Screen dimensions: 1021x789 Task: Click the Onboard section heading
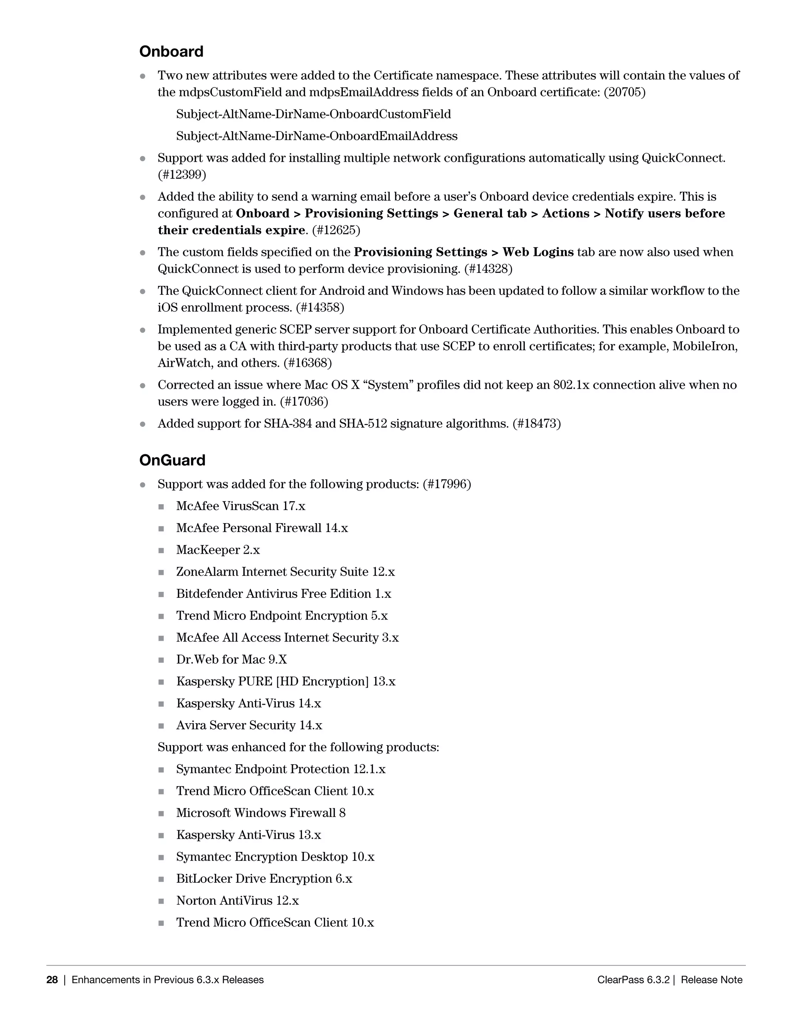[x=171, y=51]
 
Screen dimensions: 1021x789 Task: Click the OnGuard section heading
[x=172, y=460]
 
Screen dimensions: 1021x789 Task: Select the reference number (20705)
[x=624, y=92]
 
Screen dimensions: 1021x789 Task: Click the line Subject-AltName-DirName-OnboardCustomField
[x=313, y=114]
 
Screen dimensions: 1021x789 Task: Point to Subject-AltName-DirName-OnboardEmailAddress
[x=316, y=136]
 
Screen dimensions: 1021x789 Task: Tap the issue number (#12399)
[x=182, y=175]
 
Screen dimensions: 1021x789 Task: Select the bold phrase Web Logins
[x=537, y=252]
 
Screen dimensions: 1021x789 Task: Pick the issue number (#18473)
[x=536, y=423]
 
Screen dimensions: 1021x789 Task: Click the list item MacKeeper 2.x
[x=218, y=550]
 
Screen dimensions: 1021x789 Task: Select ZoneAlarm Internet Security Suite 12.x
[x=285, y=572]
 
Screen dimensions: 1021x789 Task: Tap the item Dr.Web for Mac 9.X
[x=232, y=660]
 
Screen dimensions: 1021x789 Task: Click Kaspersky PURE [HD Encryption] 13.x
[x=285, y=682]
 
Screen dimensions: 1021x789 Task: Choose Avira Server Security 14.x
[x=249, y=725]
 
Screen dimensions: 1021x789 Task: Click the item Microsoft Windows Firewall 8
[x=261, y=813]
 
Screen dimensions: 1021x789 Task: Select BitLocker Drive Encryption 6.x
[x=264, y=879]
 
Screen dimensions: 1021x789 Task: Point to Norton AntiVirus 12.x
[x=237, y=901]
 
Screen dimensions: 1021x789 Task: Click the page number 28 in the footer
[x=52, y=980]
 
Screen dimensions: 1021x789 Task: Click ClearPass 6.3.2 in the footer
[x=633, y=980]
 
